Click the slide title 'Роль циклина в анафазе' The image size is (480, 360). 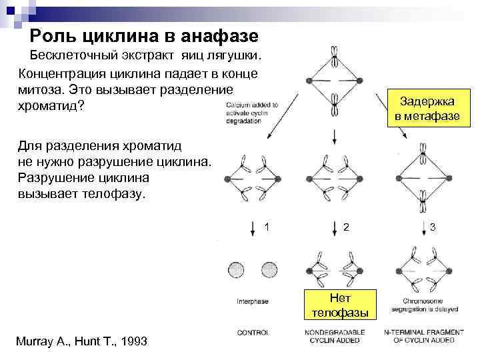tap(145, 35)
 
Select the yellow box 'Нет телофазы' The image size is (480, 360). tap(339, 305)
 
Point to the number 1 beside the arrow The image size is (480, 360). tap(267, 227)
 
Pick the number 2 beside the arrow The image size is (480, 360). tap(346, 227)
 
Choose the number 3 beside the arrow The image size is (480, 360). tap(433, 227)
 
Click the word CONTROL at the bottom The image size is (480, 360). tap(253, 332)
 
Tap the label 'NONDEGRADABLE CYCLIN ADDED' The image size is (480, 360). tap(339, 335)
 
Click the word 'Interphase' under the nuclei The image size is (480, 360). tap(253, 301)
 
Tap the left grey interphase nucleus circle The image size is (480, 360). tap(237, 270)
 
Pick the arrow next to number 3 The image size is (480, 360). tap(422, 227)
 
